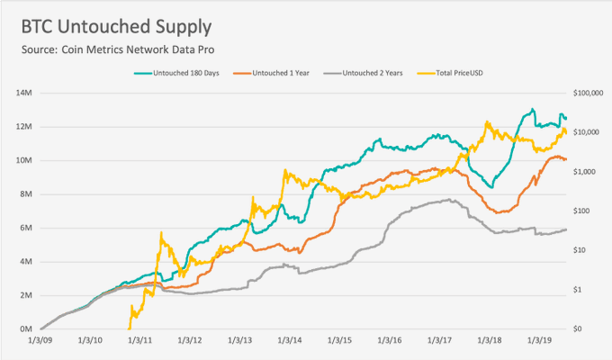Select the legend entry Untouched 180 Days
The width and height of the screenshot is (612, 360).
[x=183, y=73]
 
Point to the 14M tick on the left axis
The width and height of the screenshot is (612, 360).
[x=24, y=93]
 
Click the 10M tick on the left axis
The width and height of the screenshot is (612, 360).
[x=24, y=160]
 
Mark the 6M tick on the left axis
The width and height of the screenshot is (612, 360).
[x=24, y=228]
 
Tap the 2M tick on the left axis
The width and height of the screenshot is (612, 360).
[x=24, y=295]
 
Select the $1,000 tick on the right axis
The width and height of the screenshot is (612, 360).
[x=587, y=171]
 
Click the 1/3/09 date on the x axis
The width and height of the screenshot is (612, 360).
[x=40, y=342]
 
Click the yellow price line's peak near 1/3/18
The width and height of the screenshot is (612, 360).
[x=487, y=122]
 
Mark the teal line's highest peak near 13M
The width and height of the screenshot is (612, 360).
[x=533, y=110]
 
